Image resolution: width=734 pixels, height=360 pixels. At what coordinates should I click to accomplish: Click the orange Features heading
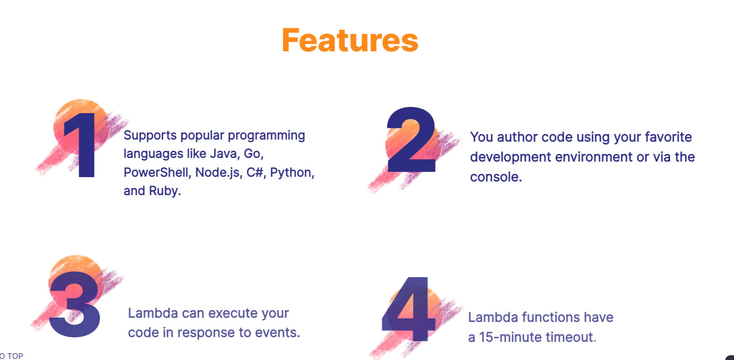pos(350,40)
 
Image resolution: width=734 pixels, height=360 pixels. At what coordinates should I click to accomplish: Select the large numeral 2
pos(411,139)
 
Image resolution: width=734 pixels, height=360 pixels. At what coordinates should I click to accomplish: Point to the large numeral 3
pos(74,304)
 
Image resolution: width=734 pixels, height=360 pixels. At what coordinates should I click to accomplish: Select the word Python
pos(292,172)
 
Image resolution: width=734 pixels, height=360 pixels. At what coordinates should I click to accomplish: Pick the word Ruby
pos(165,191)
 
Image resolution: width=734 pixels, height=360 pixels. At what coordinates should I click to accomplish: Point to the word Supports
pos(150,136)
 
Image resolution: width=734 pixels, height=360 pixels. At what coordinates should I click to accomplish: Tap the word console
pos(496,177)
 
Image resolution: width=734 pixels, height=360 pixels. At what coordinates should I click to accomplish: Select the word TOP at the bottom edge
pos(15,356)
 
